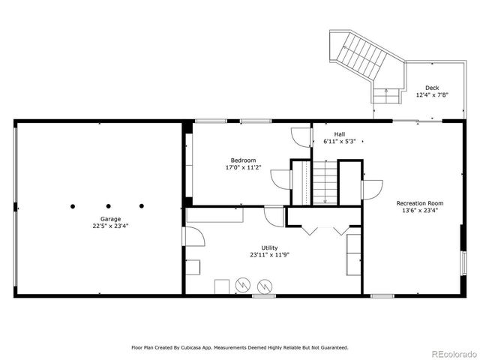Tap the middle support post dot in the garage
108,205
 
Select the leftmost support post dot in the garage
73,205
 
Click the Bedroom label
243,160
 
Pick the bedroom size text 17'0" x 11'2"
243,167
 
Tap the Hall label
339,134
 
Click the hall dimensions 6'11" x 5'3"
339,141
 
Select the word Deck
431,88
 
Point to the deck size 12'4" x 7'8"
431,95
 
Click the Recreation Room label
420,203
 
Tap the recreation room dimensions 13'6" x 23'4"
420,211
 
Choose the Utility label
269,247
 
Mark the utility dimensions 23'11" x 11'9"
269,255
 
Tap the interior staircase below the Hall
324,184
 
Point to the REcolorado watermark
452,353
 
